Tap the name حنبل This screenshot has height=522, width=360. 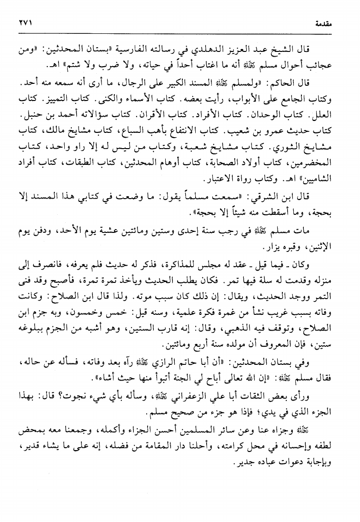coord(31,116)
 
